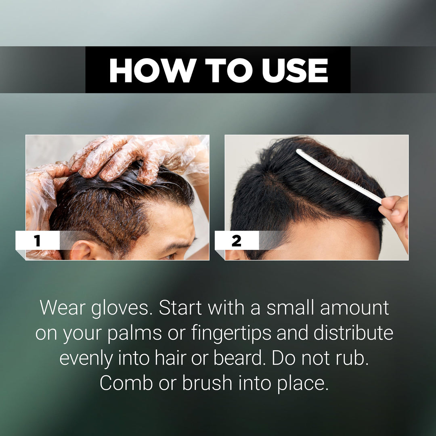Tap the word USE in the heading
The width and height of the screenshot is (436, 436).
coord(295,70)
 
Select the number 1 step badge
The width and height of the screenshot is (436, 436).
coord(38,241)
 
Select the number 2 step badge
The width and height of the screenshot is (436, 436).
coord(237,241)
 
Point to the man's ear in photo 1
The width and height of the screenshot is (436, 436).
coord(81,250)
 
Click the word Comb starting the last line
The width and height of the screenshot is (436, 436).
coord(126,383)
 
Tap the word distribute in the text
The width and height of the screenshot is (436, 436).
coord(353,333)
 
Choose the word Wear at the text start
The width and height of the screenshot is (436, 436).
coord(63,308)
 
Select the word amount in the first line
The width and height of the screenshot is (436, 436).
coord(354,308)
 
